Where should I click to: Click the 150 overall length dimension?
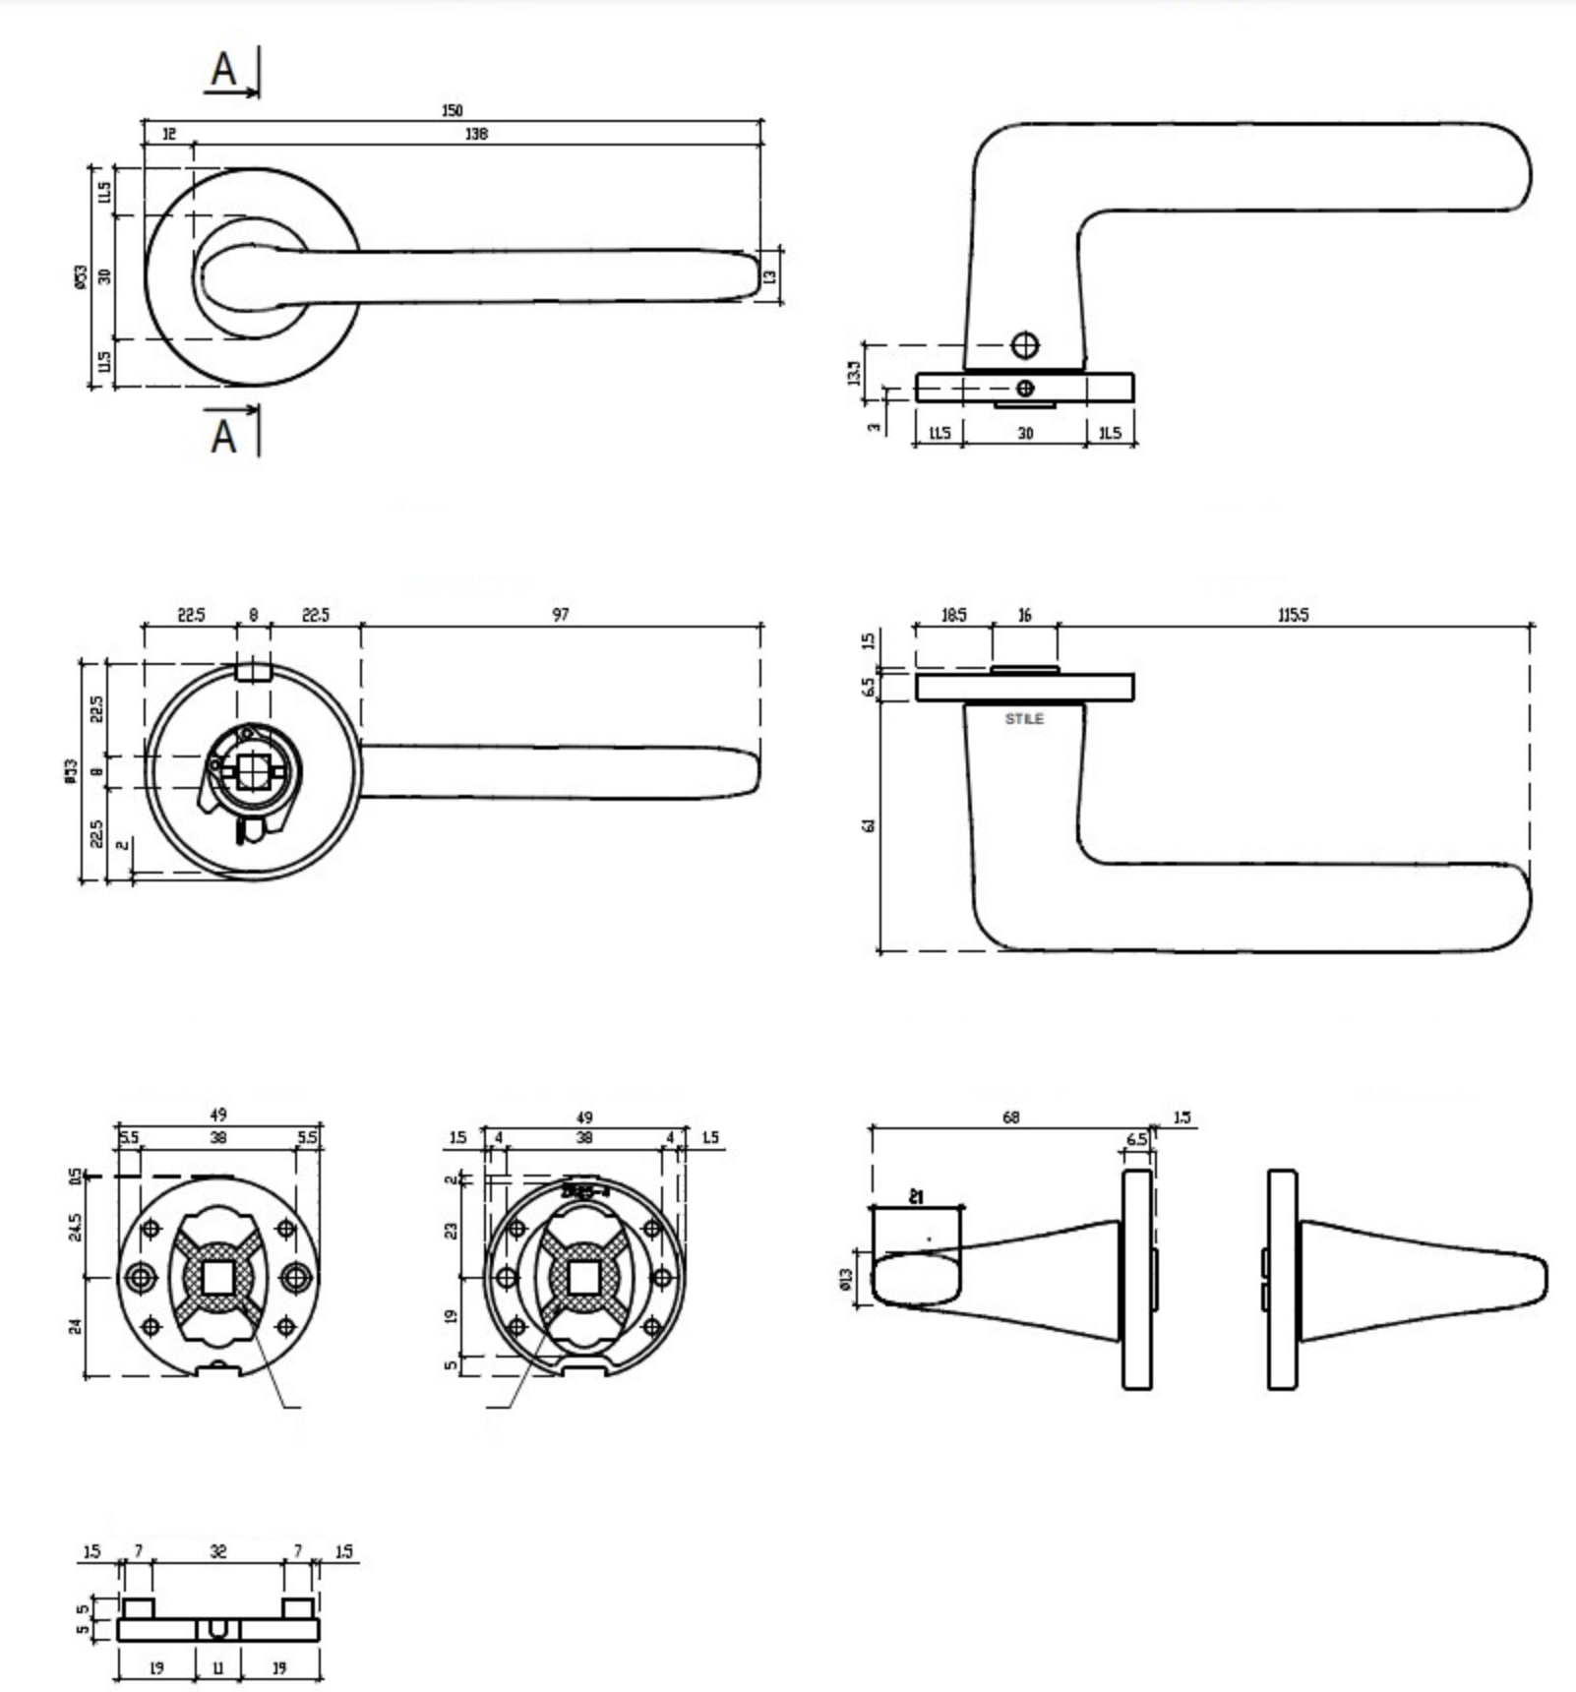point(452,110)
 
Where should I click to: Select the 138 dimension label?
point(476,134)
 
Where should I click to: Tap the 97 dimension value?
point(560,615)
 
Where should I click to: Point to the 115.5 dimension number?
point(1293,615)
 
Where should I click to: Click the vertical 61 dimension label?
point(868,825)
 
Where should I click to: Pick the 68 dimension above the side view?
point(1010,1117)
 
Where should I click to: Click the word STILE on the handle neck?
point(1024,719)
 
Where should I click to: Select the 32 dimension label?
point(218,1551)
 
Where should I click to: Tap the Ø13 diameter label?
point(846,1279)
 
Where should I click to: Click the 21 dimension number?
point(916,1197)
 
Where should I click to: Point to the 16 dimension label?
point(1024,615)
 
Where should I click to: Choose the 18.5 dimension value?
point(953,615)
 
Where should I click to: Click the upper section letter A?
point(224,70)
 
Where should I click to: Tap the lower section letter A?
point(224,435)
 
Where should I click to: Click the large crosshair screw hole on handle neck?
point(1025,345)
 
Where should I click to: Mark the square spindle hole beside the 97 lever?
point(252,771)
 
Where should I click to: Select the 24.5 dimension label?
point(76,1227)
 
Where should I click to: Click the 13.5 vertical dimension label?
point(854,372)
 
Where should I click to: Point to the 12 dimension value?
point(168,134)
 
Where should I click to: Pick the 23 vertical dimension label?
point(451,1231)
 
